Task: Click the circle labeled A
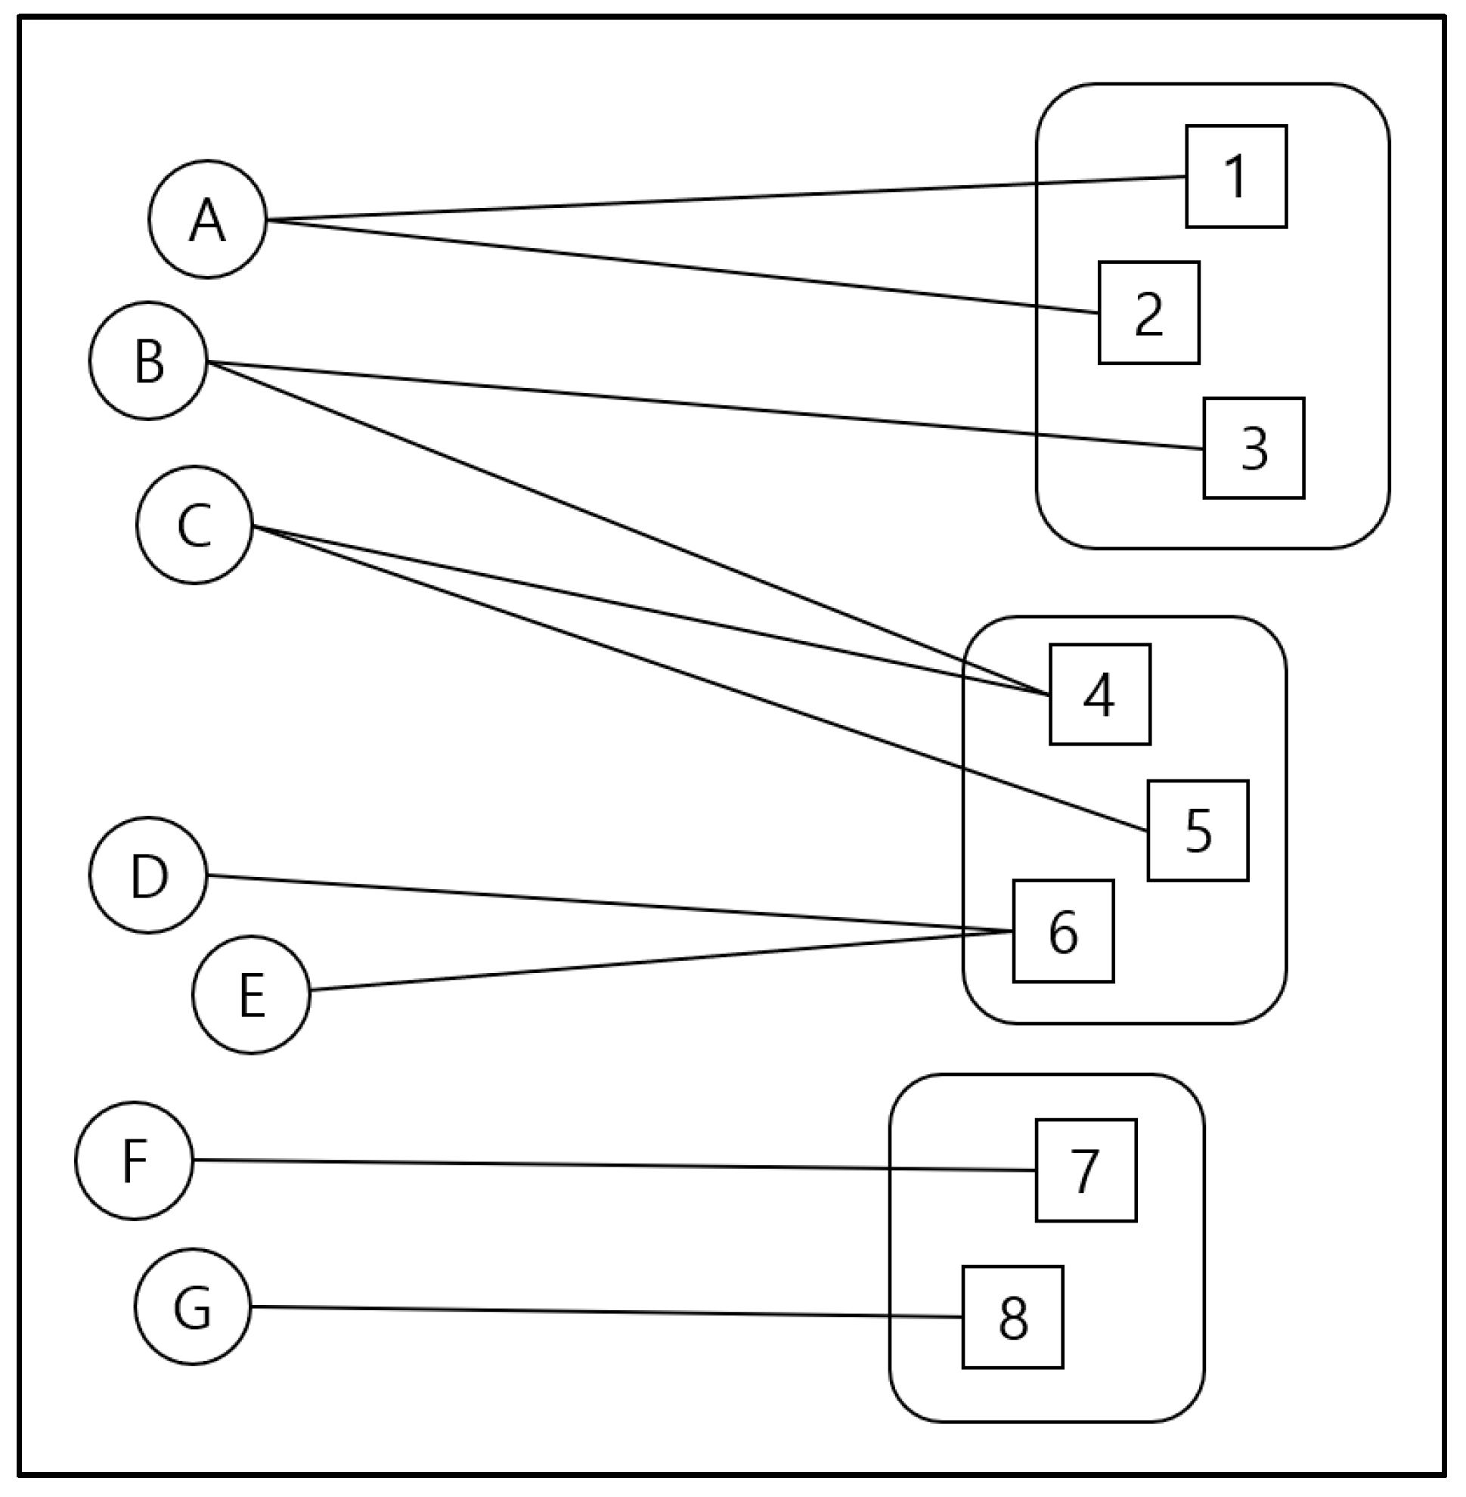[x=207, y=219]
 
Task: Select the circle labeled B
[x=148, y=361]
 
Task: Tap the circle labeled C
[x=194, y=525]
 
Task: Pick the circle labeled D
[x=148, y=875]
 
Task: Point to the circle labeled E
[x=251, y=994]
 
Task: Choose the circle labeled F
[x=134, y=1160]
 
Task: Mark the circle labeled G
[x=193, y=1306]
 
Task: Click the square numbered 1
[x=1236, y=176]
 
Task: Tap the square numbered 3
[x=1254, y=448]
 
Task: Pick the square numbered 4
[x=1099, y=694]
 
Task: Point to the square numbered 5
[x=1198, y=830]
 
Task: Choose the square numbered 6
[x=1062, y=931]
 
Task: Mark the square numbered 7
[x=1086, y=1170]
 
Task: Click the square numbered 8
[x=1012, y=1317]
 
